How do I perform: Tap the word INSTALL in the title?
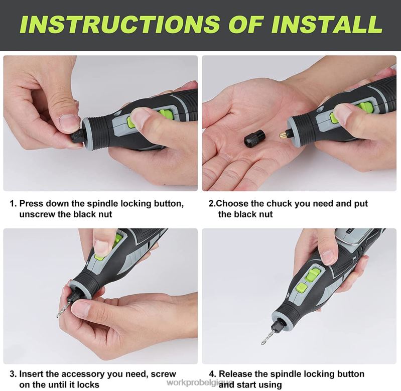pos(326,24)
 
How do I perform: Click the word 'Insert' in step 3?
pos(32,374)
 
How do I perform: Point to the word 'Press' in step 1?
pos(32,204)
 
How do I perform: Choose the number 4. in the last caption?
pos(212,374)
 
